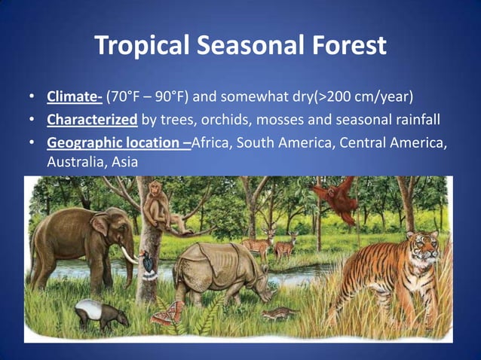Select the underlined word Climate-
click(74, 97)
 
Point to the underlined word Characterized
click(92, 121)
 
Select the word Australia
click(74, 162)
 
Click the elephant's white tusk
click(130, 257)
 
